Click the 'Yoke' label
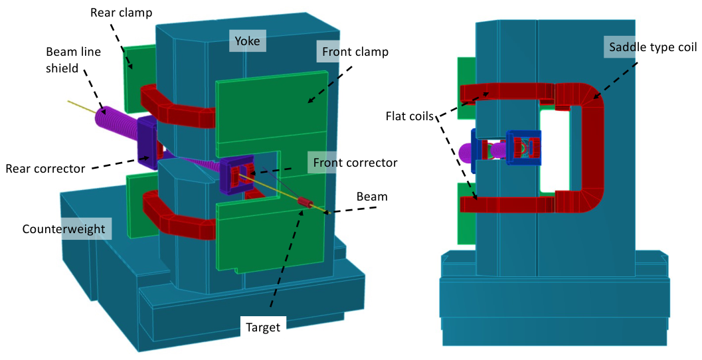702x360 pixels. (247, 41)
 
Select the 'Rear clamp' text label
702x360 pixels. (121, 13)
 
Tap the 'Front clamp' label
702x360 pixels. (355, 52)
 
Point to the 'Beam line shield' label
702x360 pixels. (74, 60)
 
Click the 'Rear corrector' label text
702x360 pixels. (45, 168)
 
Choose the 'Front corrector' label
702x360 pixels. (355, 162)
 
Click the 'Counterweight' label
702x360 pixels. (64, 228)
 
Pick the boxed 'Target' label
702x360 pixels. (263, 327)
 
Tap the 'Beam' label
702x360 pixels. (372, 197)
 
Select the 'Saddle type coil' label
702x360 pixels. (653, 47)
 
